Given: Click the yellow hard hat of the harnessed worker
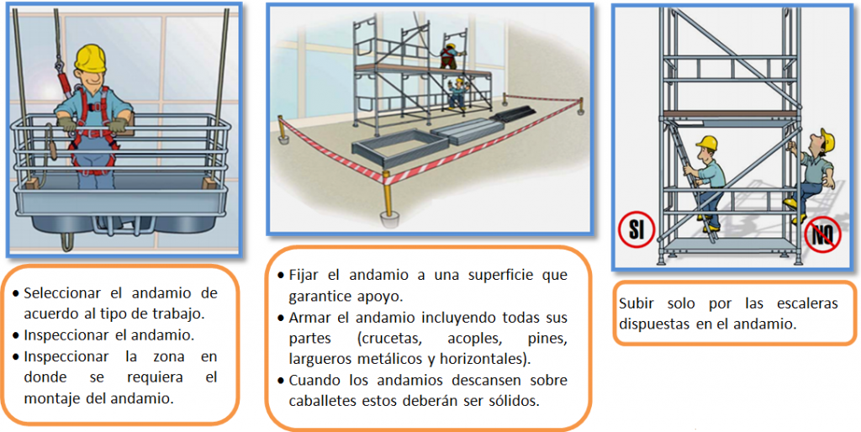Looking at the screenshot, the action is coord(90,56).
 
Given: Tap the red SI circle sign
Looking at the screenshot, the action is coord(637,230).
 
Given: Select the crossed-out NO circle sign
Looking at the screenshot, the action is coord(822,235).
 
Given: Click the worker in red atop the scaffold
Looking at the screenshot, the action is coord(449,56).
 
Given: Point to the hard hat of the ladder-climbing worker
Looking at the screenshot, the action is coord(706,143).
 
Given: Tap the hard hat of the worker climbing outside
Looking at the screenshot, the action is coord(827,140).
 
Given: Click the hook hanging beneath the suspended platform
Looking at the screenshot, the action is coord(66,240).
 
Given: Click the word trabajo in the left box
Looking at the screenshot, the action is coord(172,314).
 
